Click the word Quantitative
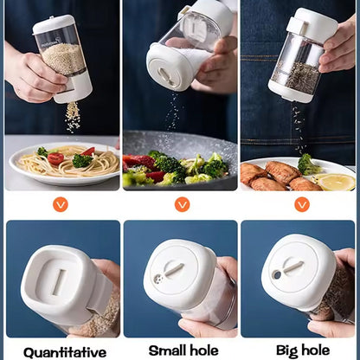(x=65, y=353)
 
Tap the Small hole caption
(x=183, y=350)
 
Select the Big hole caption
(x=303, y=351)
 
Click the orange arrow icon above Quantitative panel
(x=61, y=205)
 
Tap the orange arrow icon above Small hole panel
(x=182, y=204)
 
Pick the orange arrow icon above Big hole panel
(x=302, y=204)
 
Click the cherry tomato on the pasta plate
(x=55, y=158)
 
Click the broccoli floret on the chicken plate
(x=308, y=164)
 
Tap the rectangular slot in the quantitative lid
(x=60, y=282)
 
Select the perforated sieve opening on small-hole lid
(x=157, y=279)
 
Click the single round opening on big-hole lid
(x=277, y=274)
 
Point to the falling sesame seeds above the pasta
(x=73, y=117)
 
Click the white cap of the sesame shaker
(x=54, y=23)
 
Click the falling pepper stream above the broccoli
(x=299, y=127)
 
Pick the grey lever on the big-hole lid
(x=292, y=267)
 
